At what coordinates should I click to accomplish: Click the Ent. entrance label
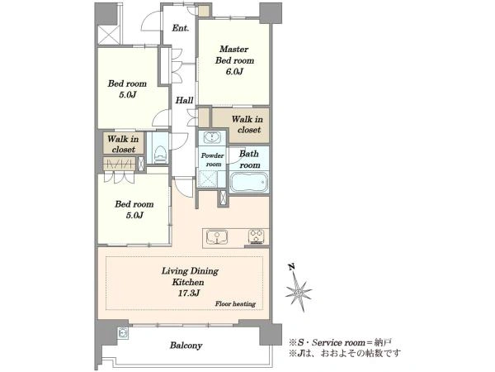coord(180,28)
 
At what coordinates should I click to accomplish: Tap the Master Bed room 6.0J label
coord(234,60)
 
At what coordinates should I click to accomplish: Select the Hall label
coord(184,101)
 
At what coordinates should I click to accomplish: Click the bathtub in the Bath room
coord(249,182)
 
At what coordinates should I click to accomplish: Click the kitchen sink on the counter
coord(217,237)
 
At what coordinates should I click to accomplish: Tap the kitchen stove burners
coord(256,236)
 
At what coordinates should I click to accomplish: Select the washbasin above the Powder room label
coord(212,137)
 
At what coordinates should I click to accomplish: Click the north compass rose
coord(298,293)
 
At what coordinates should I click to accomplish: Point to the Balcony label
coord(186,346)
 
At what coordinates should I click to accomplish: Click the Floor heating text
coord(235,304)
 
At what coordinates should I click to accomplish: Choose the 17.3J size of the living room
coord(189,293)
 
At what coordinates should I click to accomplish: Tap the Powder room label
coord(213,160)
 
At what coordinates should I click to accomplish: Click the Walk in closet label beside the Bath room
coord(247,124)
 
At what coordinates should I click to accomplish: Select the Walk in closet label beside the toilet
coord(123,144)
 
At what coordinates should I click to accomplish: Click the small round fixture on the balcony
coord(122,333)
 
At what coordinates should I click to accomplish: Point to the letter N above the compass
coord(291,267)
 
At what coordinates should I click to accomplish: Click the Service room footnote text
coord(341,342)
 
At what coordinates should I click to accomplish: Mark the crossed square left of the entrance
coord(109,35)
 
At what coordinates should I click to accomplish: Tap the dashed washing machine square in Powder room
coord(207,179)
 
